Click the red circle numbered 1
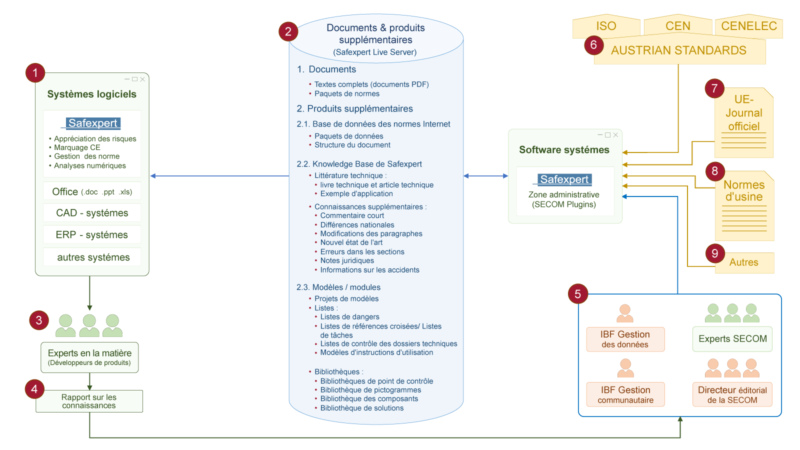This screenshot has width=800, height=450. pos(35,73)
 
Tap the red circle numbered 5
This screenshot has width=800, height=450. pos(578,294)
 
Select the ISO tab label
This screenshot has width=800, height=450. pos(606,26)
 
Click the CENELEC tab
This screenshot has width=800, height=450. pos(748,26)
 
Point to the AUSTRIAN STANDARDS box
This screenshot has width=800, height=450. pos(679,50)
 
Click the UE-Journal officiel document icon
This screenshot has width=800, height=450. pos(743,122)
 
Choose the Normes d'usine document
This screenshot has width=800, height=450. pos(744,205)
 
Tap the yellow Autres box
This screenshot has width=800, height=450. pos(744,262)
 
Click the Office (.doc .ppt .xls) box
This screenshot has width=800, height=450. pos(92,191)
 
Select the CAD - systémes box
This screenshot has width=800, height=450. pos(92,213)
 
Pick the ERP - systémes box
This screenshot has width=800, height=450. pos(92,234)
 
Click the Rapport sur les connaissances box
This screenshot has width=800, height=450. pos(89,401)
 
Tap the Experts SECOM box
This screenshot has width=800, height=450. pos(732,338)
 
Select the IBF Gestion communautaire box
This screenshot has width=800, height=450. pos(625,394)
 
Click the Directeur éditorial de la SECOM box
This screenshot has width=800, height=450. pos(732,394)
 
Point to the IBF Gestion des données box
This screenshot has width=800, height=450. pos(625,339)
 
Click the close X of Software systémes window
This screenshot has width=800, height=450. pos(615,135)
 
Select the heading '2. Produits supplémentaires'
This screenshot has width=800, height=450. pos(354,108)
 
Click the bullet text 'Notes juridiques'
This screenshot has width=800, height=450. pos(347,260)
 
